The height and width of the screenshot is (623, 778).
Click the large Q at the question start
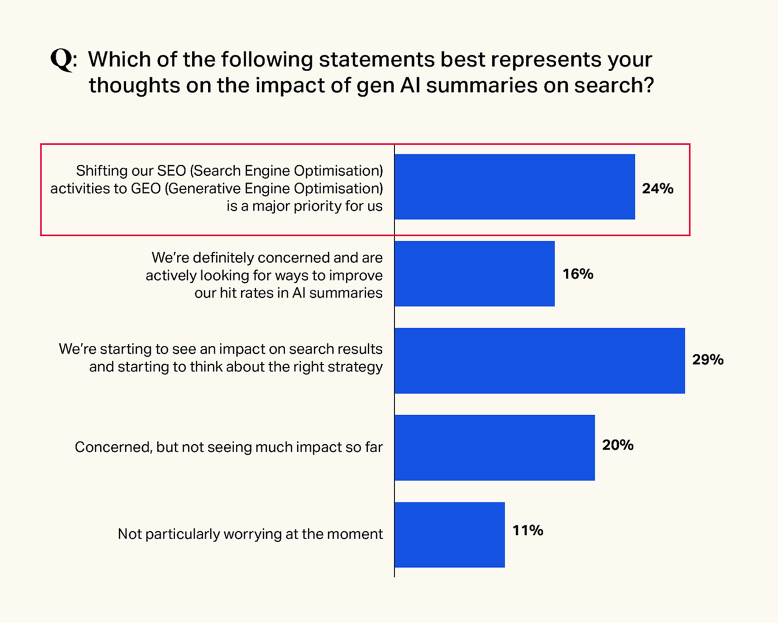click(61, 60)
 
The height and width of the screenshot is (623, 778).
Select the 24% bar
click(515, 187)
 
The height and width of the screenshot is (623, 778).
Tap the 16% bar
click(475, 274)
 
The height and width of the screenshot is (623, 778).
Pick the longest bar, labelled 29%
click(540, 360)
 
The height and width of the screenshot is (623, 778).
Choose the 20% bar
click(495, 447)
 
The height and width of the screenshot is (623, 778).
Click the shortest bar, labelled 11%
click(450, 534)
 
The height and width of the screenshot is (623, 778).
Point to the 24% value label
click(658, 188)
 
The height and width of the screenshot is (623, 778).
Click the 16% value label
click(577, 274)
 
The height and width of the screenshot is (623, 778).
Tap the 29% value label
click(707, 360)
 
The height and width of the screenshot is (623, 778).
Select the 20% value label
click(618, 446)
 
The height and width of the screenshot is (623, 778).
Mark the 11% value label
click(528, 531)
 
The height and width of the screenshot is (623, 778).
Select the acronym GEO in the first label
click(146, 188)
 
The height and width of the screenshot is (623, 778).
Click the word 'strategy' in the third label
click(357, 367)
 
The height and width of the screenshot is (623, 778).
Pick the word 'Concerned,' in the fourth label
click(113, 447)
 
